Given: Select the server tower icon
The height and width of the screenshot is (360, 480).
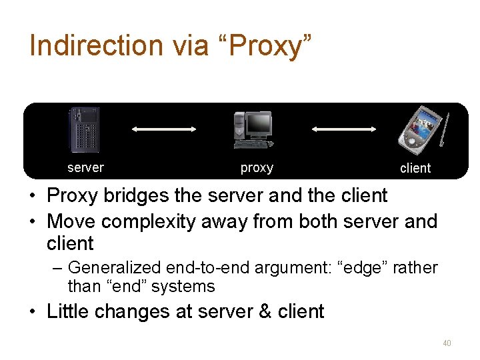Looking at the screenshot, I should (x=85, y=130).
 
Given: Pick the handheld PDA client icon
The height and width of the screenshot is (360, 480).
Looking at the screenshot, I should (x=419, y=128).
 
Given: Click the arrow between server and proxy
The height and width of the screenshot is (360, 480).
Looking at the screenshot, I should (x=164, y=129).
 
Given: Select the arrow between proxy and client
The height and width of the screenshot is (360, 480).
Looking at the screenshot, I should (x=345, y=129).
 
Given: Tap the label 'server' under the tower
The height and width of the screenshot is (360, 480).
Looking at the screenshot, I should (x=85, y=167).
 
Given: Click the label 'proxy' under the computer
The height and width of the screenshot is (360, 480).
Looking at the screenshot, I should (x=257, y=168).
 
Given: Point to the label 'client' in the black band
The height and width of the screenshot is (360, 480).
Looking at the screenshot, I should (x=415, y=169).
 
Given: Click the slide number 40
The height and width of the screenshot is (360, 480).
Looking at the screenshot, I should (x=447, y=343).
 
